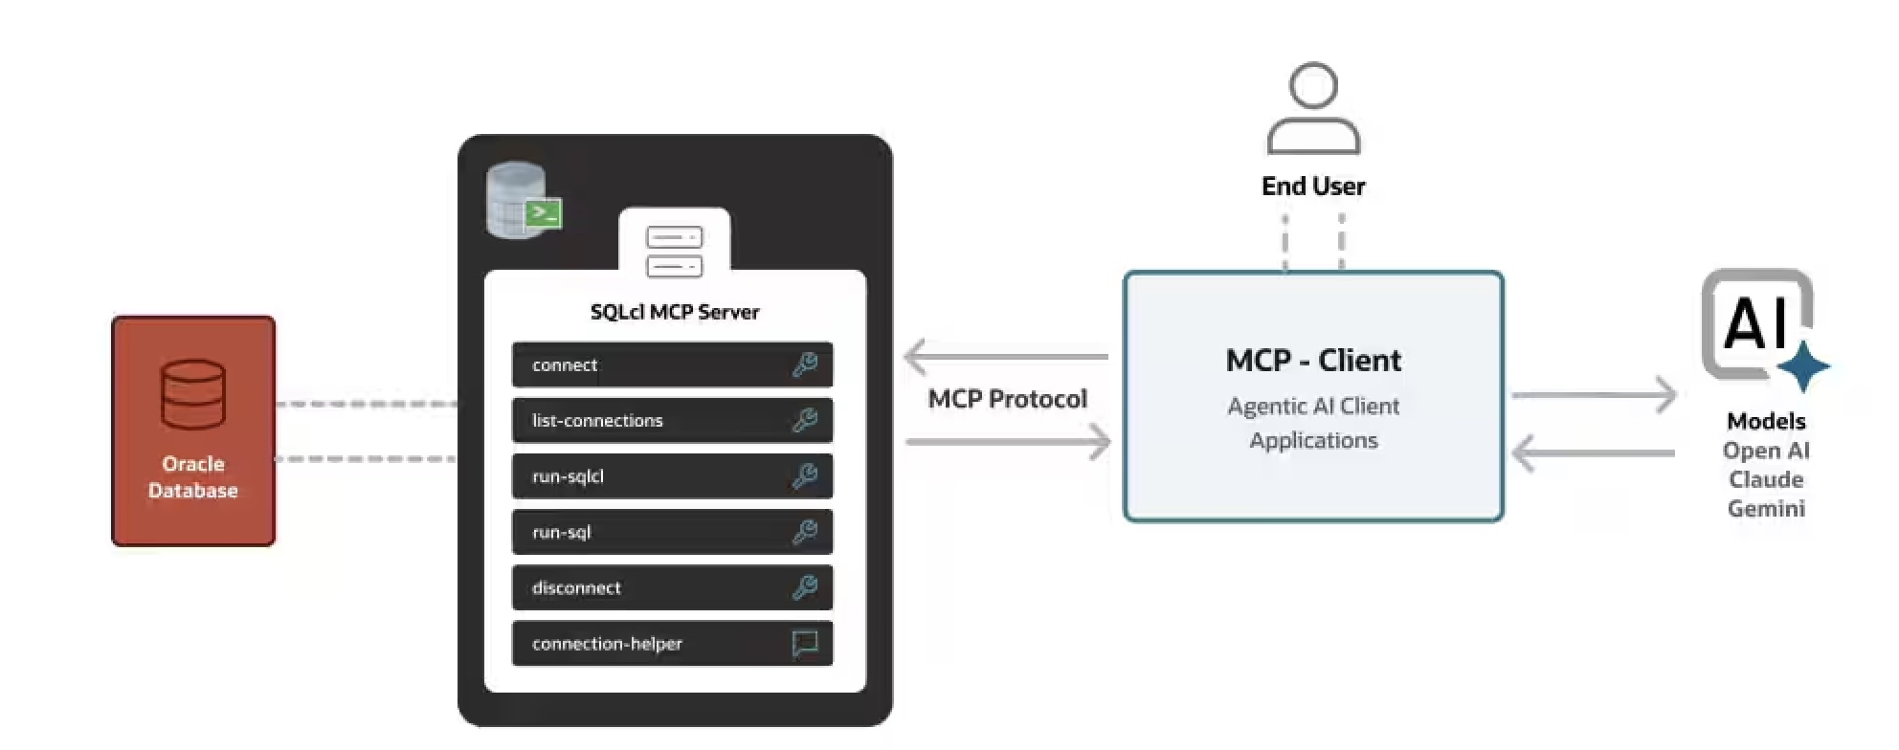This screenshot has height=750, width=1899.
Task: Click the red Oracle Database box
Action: (x=193, y=430)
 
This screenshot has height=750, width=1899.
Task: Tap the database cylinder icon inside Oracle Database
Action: (x=193, y=394)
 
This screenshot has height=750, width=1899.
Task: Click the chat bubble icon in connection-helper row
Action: (x=805, y=644)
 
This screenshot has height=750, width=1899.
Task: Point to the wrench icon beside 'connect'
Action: (x=805, y=364)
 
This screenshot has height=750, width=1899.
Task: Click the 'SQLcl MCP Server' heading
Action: (x=675, y=312)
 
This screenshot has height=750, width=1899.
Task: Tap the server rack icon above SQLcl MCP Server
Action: (x=675, y=251)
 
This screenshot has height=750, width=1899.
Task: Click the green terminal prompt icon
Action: (x=545, y=213)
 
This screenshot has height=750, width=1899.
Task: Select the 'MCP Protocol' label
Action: (x=1008, y=399)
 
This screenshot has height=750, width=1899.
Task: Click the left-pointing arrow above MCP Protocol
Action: (x=1005, y=357)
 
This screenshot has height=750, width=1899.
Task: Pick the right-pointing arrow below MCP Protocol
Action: (x=1009, y=442)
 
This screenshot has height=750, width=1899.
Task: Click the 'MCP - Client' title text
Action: (x=1313, y=361)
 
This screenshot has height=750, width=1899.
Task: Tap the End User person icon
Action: (x=1313, y=109)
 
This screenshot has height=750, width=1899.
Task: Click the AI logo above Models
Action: (x=1761, y=325)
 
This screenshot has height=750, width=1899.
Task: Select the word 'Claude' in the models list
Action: (x=1766, y=479)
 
